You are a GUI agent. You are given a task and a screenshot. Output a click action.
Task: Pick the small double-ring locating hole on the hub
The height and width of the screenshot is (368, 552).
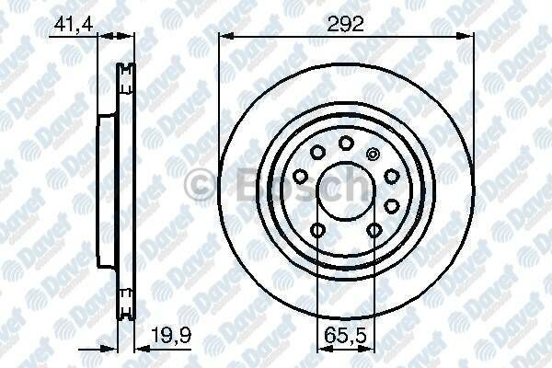pos(373,155)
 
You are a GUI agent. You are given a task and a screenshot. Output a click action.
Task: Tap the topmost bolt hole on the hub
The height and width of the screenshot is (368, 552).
pos(346,143)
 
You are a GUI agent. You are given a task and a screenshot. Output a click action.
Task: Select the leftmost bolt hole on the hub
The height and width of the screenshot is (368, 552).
pos(301,176)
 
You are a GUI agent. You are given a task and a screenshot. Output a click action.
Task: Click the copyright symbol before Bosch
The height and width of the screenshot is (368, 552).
pos(197,187)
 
